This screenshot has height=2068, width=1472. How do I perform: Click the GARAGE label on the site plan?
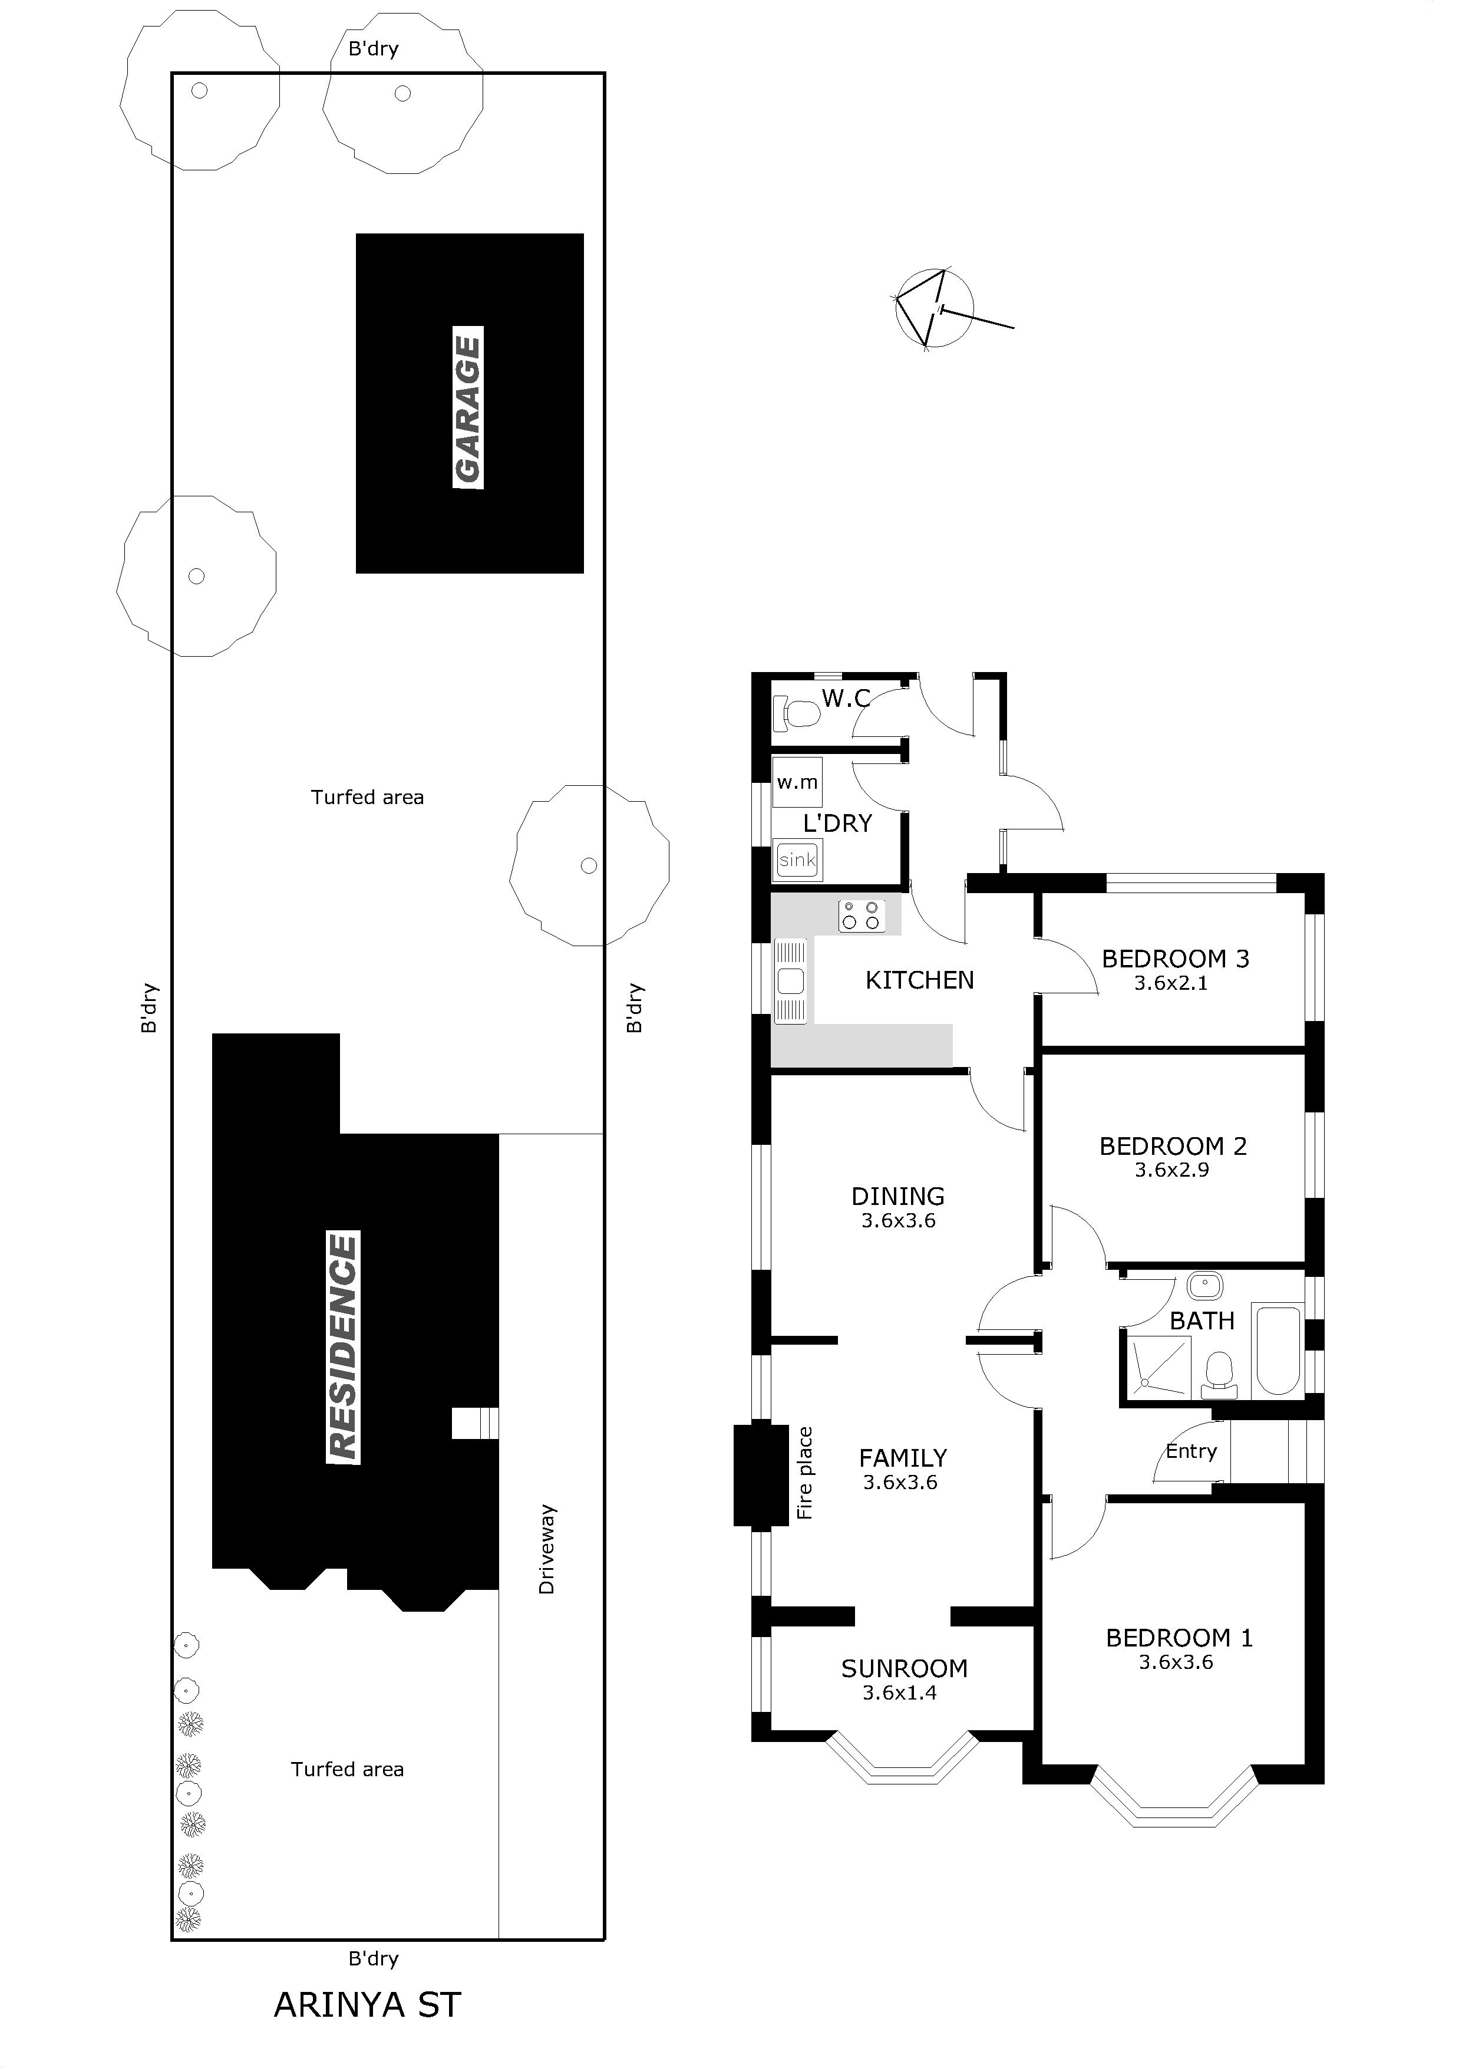point(468,407)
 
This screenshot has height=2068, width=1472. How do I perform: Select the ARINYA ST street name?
point(368,2004)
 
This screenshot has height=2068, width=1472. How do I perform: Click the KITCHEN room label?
point(919,980)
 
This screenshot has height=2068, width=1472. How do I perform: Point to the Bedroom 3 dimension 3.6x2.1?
point(1171,984)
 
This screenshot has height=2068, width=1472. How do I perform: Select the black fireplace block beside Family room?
point(761,1475)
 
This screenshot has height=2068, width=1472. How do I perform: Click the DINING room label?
point(898,1196)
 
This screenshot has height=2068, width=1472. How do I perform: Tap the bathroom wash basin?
point(1204,1286)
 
